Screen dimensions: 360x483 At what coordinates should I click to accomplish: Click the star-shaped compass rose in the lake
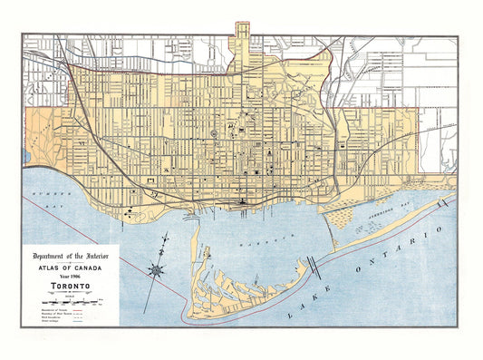pos(157,269)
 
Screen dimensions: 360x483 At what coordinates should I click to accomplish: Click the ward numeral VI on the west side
pos(80,143)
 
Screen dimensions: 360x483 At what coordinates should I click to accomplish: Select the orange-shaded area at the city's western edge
pos(38,136)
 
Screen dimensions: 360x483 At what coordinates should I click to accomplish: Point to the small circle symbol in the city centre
pos(215,135)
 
